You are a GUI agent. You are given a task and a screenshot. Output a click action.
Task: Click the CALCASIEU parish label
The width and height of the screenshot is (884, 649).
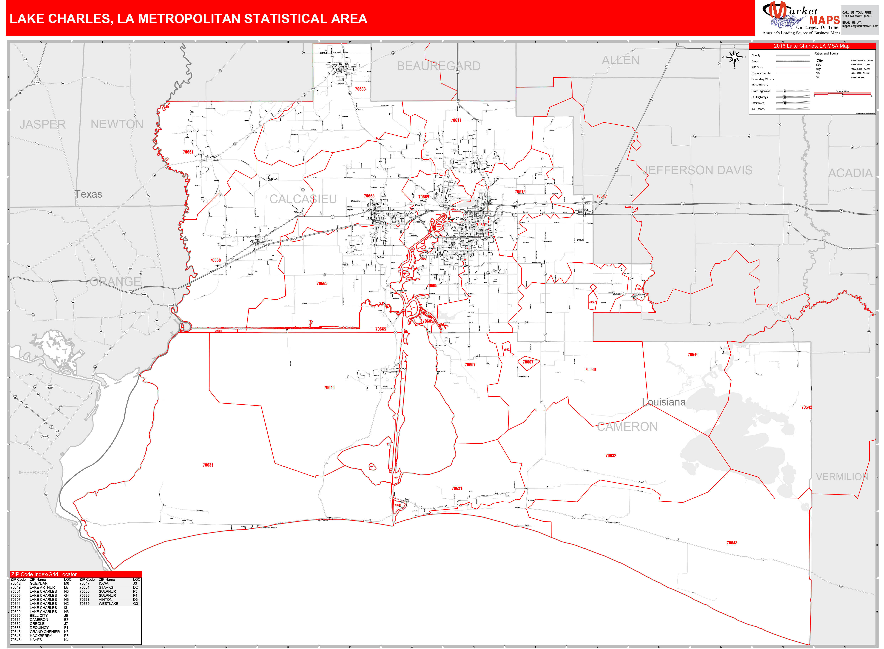coord(303,199)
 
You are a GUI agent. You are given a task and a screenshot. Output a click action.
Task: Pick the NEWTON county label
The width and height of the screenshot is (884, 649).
coord(117,124)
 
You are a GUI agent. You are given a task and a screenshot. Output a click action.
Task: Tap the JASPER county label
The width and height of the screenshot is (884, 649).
coord(42,124)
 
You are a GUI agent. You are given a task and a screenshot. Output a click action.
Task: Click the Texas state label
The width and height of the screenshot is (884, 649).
coord(88,194)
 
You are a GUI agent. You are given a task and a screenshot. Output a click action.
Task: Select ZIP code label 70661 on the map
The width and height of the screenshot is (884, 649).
coord(188,152)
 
